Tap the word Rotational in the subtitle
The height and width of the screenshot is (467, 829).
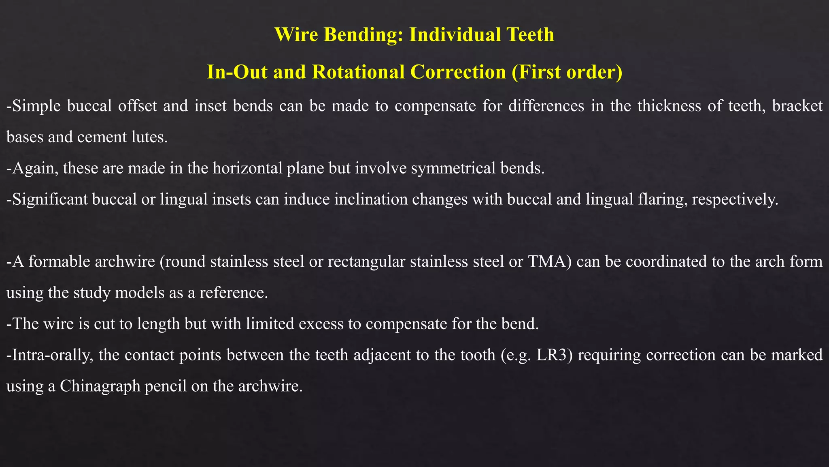tap(358, 72)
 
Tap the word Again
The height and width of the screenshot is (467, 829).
tap(33, 168)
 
